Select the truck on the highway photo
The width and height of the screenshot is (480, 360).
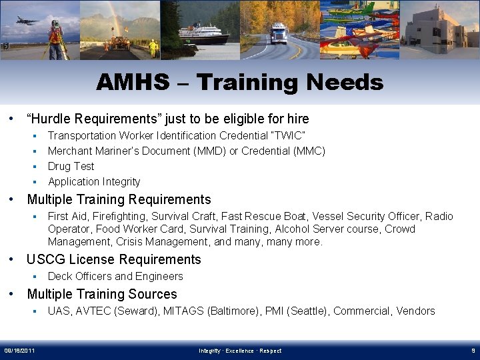click(x=279, y=33)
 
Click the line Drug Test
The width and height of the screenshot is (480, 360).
click(x=71, y=167)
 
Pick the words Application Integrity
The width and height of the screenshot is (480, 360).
click(x=94, y=182)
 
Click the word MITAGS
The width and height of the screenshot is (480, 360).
click(x=180, y=311)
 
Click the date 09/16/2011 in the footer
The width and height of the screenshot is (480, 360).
click(x=19, y=351)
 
